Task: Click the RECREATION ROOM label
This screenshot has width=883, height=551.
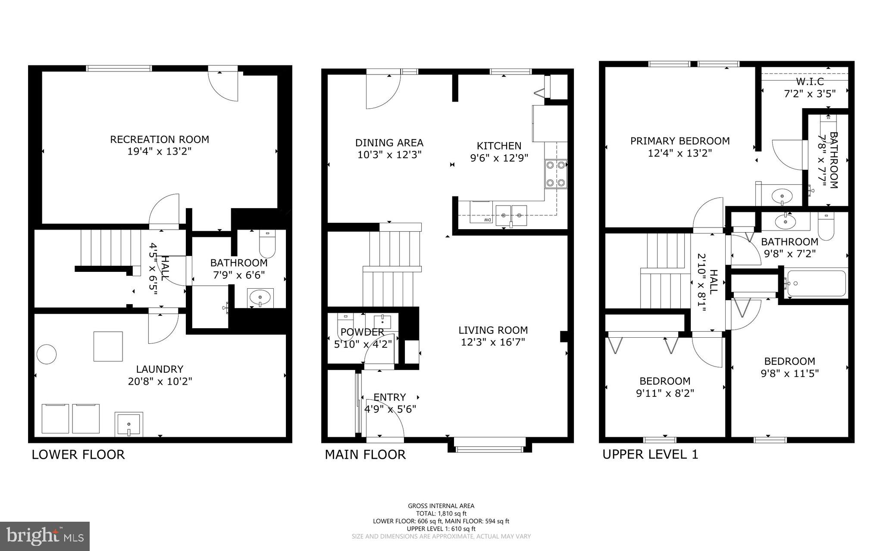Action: tap(160, 140)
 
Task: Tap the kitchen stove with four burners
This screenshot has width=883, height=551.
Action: tap(556, 174)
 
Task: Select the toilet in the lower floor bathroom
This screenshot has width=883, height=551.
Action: tap(267, 245)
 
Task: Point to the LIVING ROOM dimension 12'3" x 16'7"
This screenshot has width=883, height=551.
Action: tap(493, 342)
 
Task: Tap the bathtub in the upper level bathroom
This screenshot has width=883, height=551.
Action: tap(816, 283)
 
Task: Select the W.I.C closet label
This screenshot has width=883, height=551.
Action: tap(810, 81)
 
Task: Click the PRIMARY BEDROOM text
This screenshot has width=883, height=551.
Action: tap(679, 141)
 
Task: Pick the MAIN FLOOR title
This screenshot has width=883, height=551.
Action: tap(365, 454)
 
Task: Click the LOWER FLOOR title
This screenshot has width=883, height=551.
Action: tap(78, 454)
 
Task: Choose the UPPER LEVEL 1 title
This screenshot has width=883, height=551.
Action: tap(650, 454)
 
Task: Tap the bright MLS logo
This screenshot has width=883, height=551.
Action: tap(45, 536)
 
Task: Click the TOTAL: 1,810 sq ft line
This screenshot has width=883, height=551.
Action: tap(441, 514)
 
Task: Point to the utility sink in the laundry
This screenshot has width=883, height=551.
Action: tap(128, 424)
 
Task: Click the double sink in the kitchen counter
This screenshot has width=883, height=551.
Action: tap(511, 213)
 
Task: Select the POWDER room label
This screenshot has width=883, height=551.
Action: tap(362, 332)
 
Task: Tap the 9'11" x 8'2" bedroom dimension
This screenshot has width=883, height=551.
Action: tap(664, 393)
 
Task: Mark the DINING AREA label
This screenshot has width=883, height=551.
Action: tap(389, 143)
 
